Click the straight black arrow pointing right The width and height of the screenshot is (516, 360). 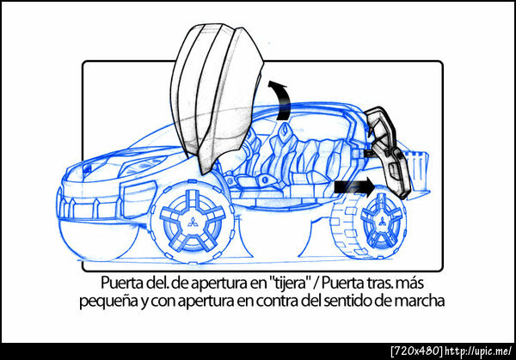point(354,187)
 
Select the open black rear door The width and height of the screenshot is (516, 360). point(389,151)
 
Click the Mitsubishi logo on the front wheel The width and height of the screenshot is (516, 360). point(192,223)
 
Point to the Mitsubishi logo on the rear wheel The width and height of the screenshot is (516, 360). point(382,222)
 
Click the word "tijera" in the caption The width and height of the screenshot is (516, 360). point(290,284)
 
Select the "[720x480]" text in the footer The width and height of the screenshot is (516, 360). point(416,351)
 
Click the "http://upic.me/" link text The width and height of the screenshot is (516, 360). point(478,351)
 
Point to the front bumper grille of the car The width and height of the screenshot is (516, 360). point(89,208)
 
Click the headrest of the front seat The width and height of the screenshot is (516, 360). point(285,131)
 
